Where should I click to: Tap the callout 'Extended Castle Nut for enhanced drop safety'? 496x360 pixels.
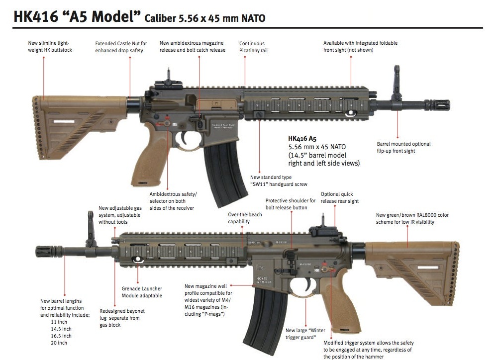(121, 47)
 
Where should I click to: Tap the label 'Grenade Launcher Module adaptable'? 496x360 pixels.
(142, 292)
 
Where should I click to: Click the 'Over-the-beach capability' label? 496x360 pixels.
(239, 218)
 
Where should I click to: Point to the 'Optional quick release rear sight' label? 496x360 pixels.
(339, 197)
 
